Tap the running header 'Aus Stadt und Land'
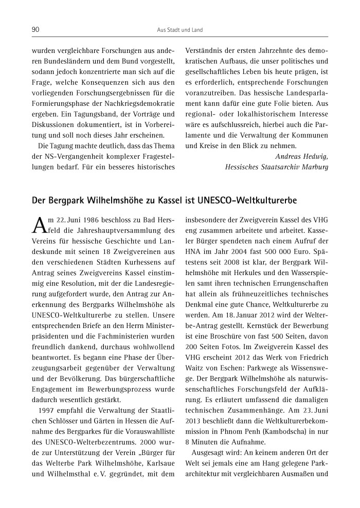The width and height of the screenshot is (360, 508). [179, 30]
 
